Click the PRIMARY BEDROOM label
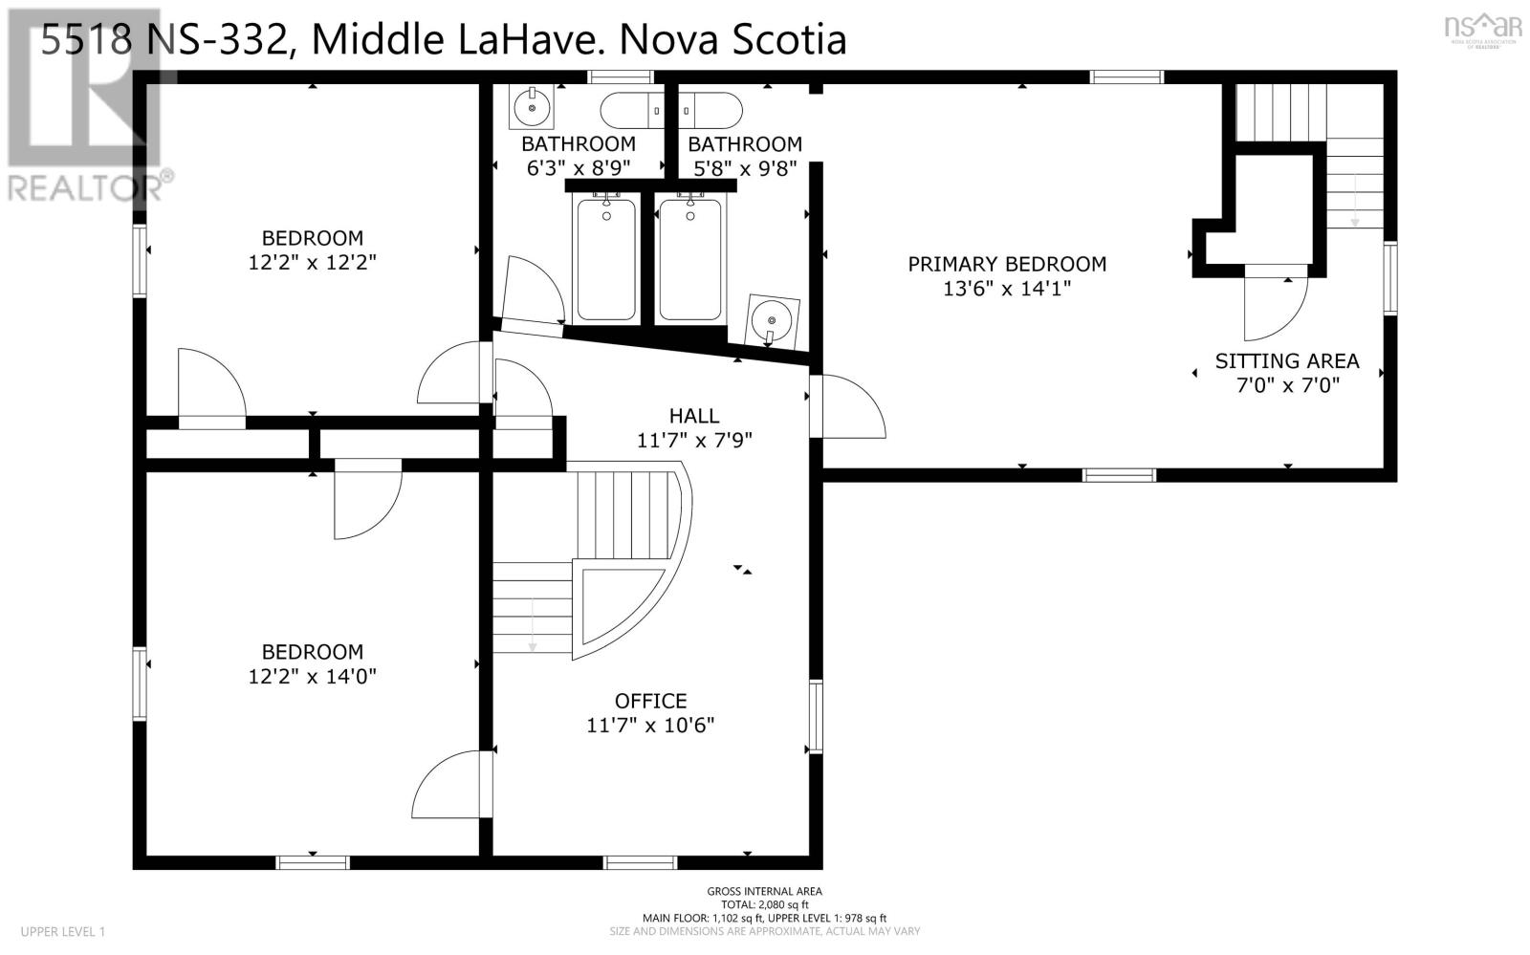pos(1007,264)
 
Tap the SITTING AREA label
pos(1286,361)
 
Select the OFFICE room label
pos(650,701)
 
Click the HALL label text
pos(694,416)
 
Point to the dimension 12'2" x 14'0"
pos(313,677)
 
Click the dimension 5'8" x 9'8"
pos(745,168)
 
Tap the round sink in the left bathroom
pos(531,108)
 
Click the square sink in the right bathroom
pos(773,318)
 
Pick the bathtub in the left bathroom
pos(604,258)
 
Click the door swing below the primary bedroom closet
pos(1275,306)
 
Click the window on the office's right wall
pos(816,717)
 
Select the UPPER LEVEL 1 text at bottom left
pos(63,931)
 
